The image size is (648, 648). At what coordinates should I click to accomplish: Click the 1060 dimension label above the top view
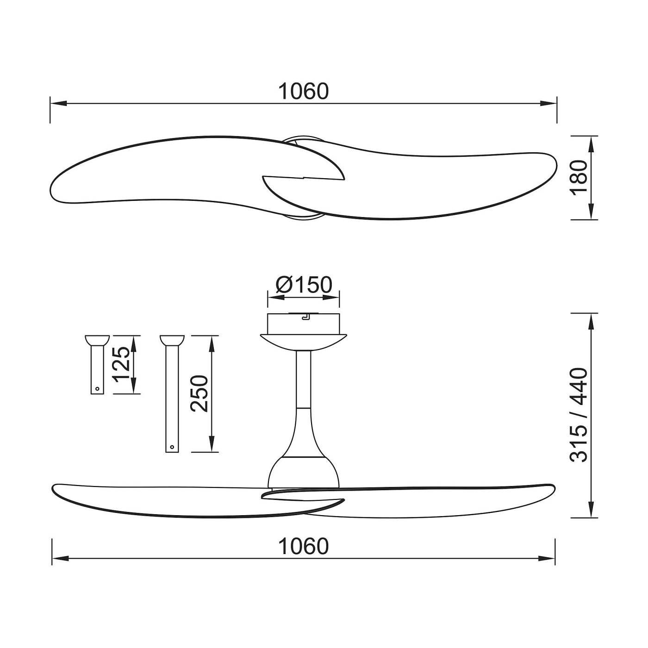coord(303,91)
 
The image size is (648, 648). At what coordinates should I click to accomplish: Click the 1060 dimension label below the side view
coord(303,547)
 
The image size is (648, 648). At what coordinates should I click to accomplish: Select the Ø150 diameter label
coord(304,285)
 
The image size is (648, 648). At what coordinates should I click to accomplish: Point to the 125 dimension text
coord(121,364)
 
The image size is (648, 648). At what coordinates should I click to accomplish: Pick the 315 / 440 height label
coord(579,416)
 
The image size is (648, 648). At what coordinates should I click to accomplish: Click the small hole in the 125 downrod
coord(98,389)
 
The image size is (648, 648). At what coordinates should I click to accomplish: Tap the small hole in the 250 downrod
coord(172,447)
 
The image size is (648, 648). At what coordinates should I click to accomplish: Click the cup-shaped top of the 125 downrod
coord(97,340)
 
